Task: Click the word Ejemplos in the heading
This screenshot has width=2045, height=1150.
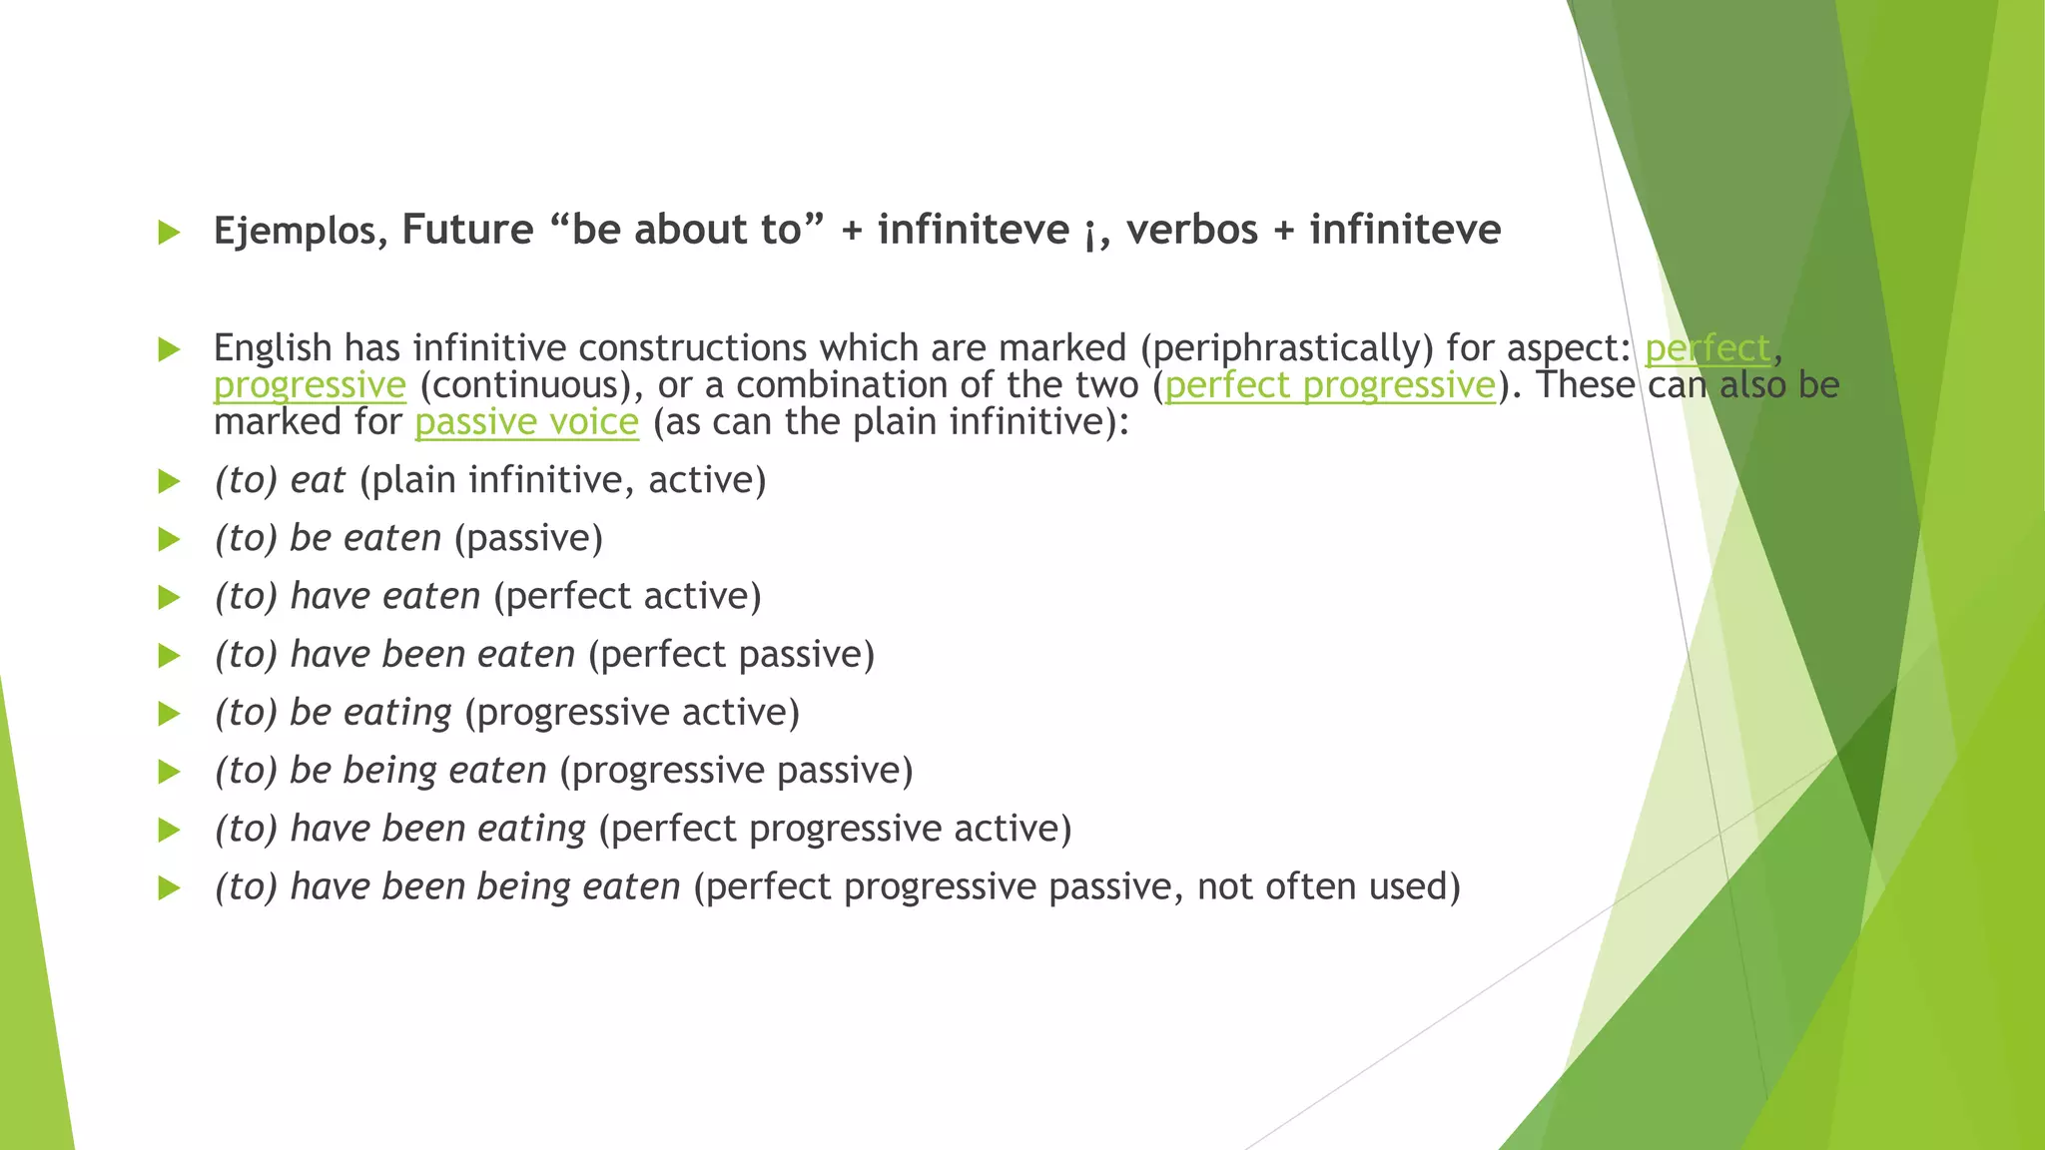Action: pyautogui.click(x=295, y=232)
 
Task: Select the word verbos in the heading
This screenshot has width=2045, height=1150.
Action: pyautogui.click(x=1192, y=231)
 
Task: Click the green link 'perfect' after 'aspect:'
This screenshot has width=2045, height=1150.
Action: pyautogui.click(x=1707, y=348)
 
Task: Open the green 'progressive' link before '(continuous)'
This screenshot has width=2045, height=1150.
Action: pyautogui.click(x=310, y=385)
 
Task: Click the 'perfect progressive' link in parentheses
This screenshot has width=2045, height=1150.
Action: pyautogui.click(x=1330, y=385)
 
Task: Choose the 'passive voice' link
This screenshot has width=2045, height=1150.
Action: pyautogui.click(x=526, y=422)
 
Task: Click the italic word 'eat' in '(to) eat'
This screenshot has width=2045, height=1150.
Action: pyautogui.click(x=318, y=481)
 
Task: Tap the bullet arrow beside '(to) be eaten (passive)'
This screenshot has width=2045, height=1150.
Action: pyautogui.click(x=169, y=540)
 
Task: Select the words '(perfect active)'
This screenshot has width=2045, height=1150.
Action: pyautogui.click(x=627, y=597)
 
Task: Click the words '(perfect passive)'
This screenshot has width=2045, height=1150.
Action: pyautogui.click(x=731, y=655)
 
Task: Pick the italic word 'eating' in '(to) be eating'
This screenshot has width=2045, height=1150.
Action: pyautogui.click(x=397, y=713)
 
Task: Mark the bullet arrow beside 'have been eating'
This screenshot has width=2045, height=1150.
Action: pyautogui.click(x=169, y=830)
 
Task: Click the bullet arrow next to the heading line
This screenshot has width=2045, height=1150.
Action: pyautogui.click(x=169, y=234)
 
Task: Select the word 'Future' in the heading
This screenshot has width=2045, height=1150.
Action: pyautogui.click(x=467, y=231)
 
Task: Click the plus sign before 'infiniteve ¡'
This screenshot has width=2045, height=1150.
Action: pyautogui.click(x=852, y=232)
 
